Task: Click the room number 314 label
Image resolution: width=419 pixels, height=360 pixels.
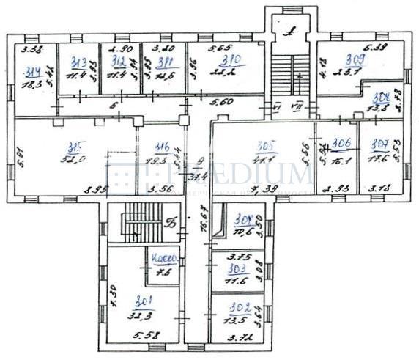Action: coord(31,72)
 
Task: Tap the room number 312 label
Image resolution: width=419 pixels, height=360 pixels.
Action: coord(118,62)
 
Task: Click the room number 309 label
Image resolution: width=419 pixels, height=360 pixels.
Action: coord(355,60)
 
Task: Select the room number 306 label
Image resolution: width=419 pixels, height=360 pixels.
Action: coord(339,144)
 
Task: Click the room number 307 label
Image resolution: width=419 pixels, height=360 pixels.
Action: coord(379,144)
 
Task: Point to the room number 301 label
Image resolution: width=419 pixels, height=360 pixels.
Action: coord(144,300)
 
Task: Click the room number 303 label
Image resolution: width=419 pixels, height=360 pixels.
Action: coord(228,269)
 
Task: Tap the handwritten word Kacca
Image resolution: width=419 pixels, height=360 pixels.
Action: coord(163,260)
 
